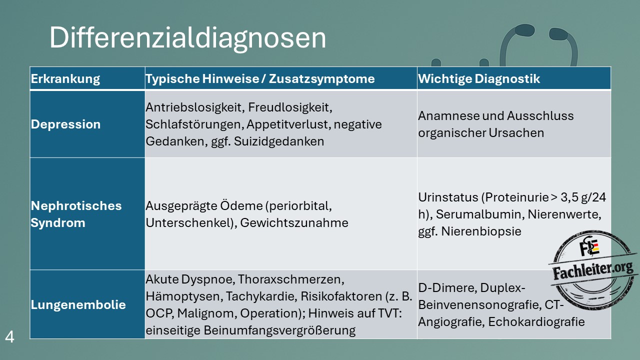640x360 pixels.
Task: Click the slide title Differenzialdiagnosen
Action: click(x=187, y=38)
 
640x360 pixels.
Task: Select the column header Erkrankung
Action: click(x=65, y=79)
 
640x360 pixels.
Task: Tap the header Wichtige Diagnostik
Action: click(x=479, y=79)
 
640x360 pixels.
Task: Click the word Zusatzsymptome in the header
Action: click(x=321, y=79)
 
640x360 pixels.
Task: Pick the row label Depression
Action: click(x=65, y=124)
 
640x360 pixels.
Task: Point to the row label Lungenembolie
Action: click(x=78, y=305)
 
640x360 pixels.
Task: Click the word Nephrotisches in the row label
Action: click(x=76, y=205)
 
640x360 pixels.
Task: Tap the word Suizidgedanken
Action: click(x=279, y=141)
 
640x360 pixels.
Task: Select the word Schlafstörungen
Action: click(x=194, y=124)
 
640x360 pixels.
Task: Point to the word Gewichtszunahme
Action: click(x=294, y=223)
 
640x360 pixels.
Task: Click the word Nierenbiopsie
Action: click(x=481, y=231)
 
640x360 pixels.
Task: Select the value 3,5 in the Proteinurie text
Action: click(x=569, y=197)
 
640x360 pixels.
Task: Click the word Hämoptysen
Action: click(x=184, y=296)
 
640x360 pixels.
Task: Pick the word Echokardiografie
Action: click(x=536, y=321)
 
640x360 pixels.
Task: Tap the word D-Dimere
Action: click(x=447, y=287)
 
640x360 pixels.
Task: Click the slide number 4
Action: click(x=9, y=337)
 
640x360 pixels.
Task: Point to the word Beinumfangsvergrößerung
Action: click(x=279, y=330)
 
